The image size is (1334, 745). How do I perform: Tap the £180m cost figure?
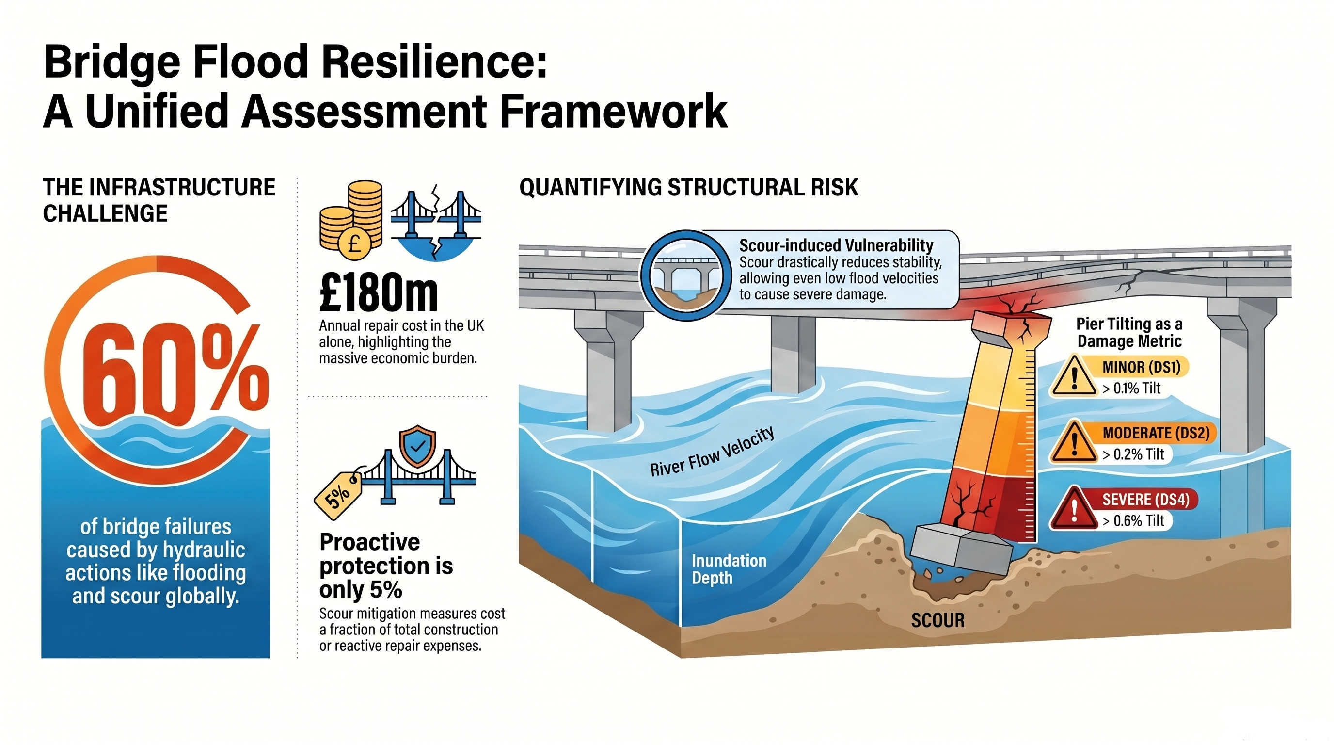(x=379, y=293)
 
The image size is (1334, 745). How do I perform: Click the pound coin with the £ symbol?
(x=354, y=243)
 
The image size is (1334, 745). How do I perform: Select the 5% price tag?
(x=339, y=495)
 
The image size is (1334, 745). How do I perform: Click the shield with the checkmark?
(x=417, y=446)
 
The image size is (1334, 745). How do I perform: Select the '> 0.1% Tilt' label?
(x=1131, y=388)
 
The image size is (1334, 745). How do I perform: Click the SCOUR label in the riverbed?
(x=938, y=620)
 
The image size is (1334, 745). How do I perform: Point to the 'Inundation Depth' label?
(x=729, y=569)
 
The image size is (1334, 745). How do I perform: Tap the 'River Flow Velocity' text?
(x=712, y=451)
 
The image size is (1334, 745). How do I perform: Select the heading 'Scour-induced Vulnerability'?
(x=836, y=245)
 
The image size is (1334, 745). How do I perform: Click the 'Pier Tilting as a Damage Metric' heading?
(x=1129, y=333)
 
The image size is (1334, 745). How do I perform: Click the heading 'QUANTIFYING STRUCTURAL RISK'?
(x=689, y=187)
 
